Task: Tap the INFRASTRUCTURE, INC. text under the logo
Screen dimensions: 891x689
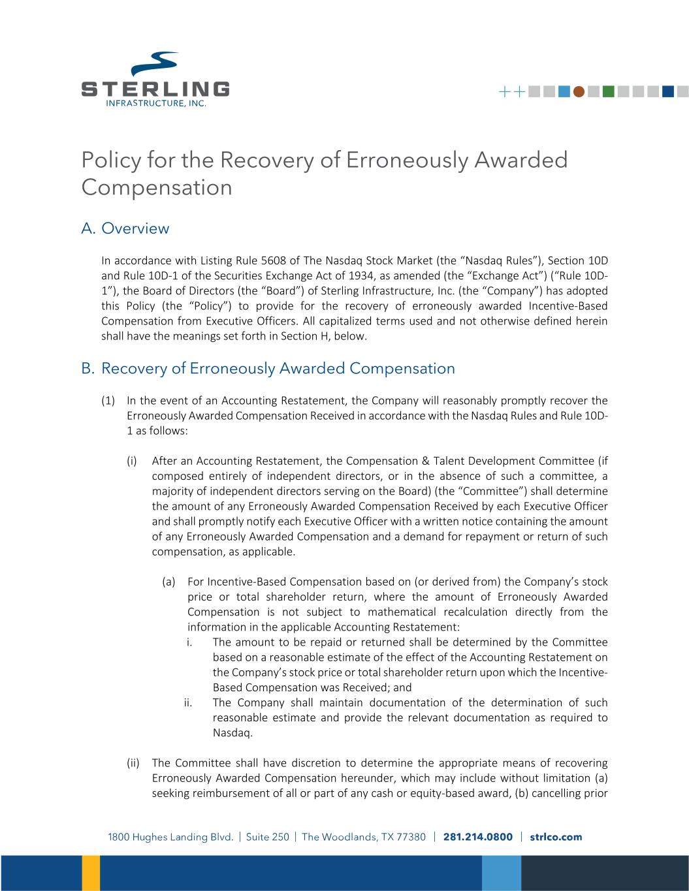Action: tap(156, 103)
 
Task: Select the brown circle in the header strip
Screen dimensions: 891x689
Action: tap(578, 92)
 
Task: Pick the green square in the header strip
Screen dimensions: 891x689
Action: tap(608, 92)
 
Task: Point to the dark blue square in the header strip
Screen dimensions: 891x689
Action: tap(667, 92)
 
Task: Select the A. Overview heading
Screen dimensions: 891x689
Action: tap(125, 228)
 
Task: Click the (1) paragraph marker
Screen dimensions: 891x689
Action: tap(108, 400)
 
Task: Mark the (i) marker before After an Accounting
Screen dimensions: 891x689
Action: tap(132, 461)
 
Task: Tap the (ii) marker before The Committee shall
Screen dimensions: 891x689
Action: tap(133, 762)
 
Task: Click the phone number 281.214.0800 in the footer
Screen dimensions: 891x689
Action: tap(478, 837)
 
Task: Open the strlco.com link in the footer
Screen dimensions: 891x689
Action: tap(556, 837)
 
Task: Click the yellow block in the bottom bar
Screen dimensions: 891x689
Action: tap(91, 873)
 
